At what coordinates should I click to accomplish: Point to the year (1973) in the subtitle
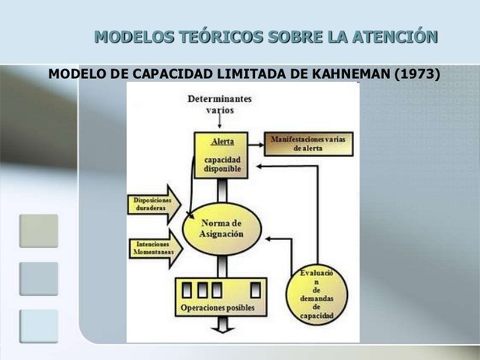[x=415, y=74]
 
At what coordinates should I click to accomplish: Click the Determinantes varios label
[x=220, y=103]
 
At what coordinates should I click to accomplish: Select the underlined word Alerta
[x=223, y=141]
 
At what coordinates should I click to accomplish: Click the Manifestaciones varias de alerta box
[x=308, y=144]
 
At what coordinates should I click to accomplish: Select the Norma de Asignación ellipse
[x=223, y=228]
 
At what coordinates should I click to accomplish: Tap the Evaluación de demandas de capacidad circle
[x=316, y=294]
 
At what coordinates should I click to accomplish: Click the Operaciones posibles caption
[x=217, y=307]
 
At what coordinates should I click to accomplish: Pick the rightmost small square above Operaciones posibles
[x=255, y=289]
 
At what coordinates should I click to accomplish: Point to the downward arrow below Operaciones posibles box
[x=222, y=325]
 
